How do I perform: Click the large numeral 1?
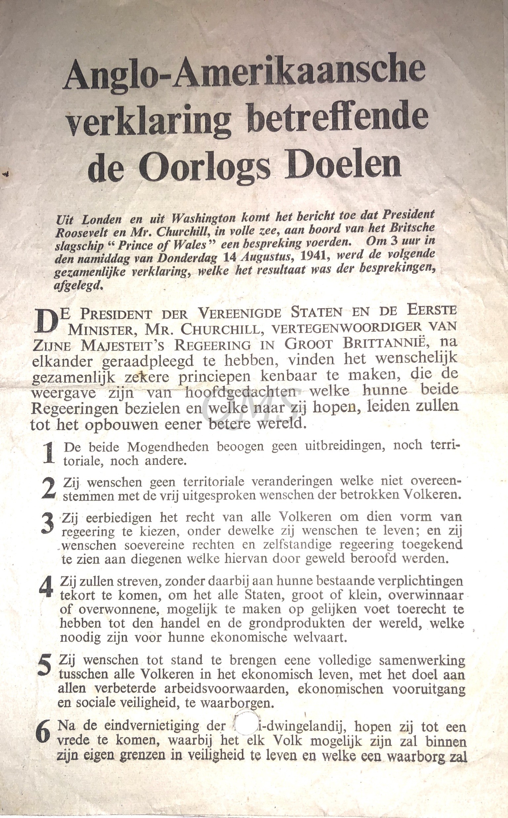(49, 453)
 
